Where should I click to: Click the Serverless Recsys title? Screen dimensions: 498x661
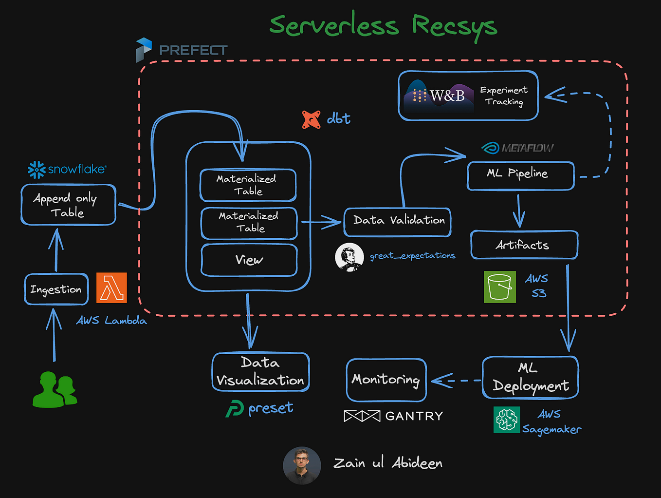[383, 25]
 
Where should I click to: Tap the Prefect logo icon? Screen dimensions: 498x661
[144, 50]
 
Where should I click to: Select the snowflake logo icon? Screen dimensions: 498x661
[37, 170]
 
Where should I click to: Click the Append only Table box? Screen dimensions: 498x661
[68, 205]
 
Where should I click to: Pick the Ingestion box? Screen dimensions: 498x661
[56, 289]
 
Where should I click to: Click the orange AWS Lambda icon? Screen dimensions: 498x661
[111, 287]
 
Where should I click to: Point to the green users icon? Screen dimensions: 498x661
[55, 389]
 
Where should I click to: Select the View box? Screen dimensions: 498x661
[249, 260]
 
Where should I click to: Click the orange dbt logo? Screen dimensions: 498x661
[311, 119]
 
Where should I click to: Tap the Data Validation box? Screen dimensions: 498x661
[398, 222]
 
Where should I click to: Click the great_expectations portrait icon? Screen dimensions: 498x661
[349, 257]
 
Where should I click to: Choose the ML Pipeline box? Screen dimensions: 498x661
[520, 175]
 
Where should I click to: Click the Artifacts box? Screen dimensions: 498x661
[524, 245]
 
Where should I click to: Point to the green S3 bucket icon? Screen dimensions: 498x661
[499, 287]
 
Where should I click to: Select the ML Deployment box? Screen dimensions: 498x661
[530, 378]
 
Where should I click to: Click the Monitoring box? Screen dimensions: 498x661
[386, 380]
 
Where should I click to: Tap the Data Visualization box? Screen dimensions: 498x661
[260, 372]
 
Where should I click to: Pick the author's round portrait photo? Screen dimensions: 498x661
[302, 465]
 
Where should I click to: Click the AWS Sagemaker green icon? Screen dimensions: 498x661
[507, 420]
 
